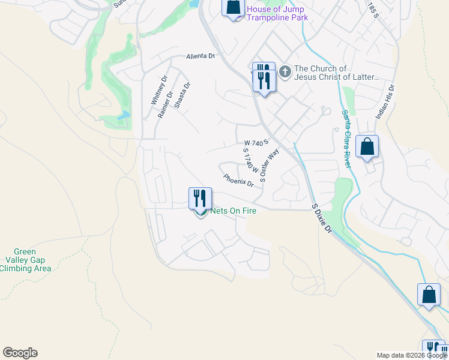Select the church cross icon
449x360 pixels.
[x=285, y=73]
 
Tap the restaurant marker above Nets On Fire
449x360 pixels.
[x=200, y=198]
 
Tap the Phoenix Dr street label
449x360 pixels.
[x=239, y=181]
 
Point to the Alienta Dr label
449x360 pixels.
[x=200, y=56]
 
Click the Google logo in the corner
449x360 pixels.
[x=20, y=353]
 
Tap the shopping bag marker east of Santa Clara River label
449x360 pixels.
[x=367, y=146]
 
